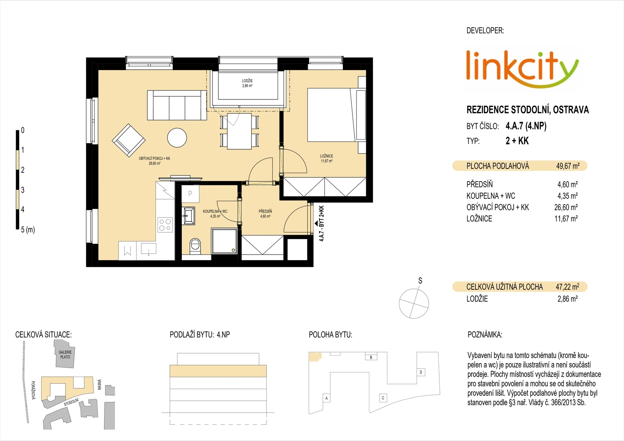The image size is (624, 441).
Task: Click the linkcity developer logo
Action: click(x=522, y=69)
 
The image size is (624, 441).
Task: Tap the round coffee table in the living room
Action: click(x=177, y=138)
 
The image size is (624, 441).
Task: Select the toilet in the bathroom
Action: click(x=195, y=246)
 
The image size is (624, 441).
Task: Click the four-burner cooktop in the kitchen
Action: click(x=165, y=225)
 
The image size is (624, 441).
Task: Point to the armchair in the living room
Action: click(x=129, y=140)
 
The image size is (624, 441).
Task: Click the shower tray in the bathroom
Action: click(x=224, y=241)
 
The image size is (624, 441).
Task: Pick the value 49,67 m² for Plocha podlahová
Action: click(x=568, y=166)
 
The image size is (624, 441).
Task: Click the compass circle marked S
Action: click(x=414, y=304)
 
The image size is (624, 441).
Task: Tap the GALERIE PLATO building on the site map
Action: click(x=65, y=358)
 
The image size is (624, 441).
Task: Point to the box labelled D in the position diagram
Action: click(x=421, y=372)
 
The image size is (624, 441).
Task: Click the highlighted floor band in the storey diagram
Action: click(x=218, y=371)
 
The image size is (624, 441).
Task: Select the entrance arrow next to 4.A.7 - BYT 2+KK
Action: click(x=316, y=223)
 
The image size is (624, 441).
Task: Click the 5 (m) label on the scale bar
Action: click(x=28, y=230)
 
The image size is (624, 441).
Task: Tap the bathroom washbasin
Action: click(x=190, y=215)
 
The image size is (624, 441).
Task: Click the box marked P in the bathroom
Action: click(x=190, y=194)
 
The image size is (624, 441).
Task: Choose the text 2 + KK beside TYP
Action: click(x=517, y=141)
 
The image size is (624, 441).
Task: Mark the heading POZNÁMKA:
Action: click(x=485, y=335)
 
